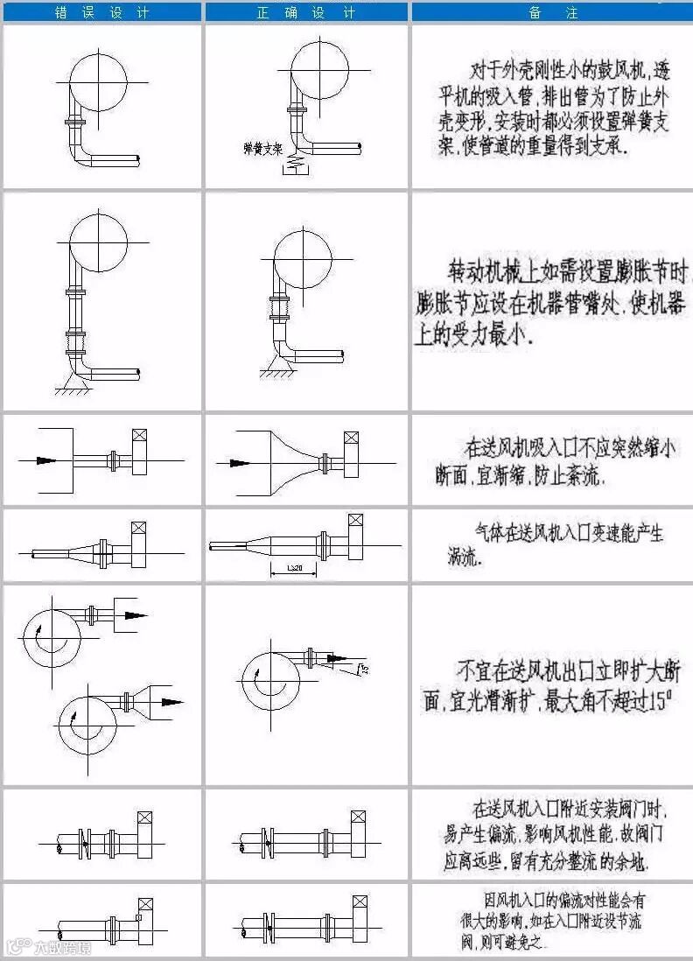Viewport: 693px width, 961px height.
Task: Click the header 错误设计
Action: click(x=102, y=12)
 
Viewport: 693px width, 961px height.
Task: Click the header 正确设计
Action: click(x=306, y=12)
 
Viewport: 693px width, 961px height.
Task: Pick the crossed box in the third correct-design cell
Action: click(x=351, y=438)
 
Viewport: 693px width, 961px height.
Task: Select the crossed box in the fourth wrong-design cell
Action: click(x=137, y=530)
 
